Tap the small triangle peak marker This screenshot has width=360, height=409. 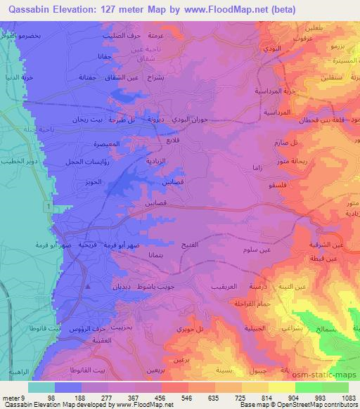(87, 287)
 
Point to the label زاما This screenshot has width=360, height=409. (257, 168)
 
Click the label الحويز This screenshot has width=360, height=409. (95, 181)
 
